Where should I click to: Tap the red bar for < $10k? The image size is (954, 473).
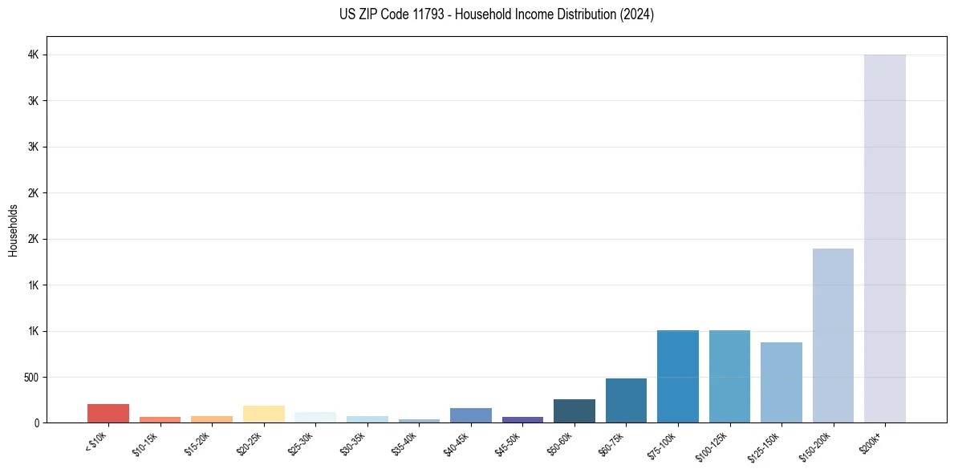click(108, 413)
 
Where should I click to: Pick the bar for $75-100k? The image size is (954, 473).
click(677, 376)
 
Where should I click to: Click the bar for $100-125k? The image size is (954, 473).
click(729, 376)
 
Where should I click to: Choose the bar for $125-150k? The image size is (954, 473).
click(781, 382)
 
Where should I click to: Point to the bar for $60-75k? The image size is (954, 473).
click(626, 400)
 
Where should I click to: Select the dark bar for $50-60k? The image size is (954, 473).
click(574, 410)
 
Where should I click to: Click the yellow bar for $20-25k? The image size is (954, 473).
click(263, 414)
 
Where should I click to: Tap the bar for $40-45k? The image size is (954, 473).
click(470, 415)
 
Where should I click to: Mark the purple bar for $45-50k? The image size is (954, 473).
click(522, 419)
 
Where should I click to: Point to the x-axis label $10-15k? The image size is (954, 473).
click(144, 443)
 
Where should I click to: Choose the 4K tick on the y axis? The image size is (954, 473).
click(33, 55)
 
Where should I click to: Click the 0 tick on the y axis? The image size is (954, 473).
click(36, 422)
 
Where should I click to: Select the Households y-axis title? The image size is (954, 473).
click(13, 229)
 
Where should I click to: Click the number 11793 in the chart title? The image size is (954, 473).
click(429, 14)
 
